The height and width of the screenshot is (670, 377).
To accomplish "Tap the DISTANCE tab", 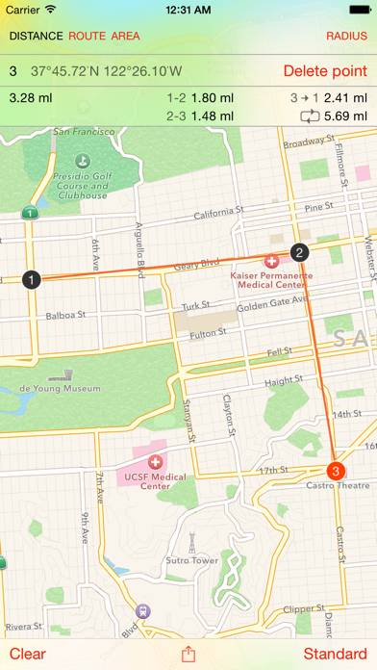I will point(36,37).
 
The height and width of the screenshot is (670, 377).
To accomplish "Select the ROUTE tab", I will point(87,37).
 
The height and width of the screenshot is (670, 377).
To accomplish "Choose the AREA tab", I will point(125,37).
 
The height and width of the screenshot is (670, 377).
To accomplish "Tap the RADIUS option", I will point(346,37).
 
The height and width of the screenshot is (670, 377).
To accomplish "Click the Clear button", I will point(27,654).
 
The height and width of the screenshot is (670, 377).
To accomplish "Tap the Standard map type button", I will point(336,654).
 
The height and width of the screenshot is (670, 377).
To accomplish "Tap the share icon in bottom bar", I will point(188,654).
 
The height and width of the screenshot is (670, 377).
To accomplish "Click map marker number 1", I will point(32,280).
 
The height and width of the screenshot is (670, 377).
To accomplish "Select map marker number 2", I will point(299,253).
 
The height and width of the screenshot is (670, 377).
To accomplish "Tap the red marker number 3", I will point(335,471).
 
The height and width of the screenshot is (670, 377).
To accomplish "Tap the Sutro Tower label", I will point(192,559).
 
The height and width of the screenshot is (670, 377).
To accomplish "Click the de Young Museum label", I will point(59,388).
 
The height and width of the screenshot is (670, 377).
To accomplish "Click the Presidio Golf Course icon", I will point(80,160).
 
